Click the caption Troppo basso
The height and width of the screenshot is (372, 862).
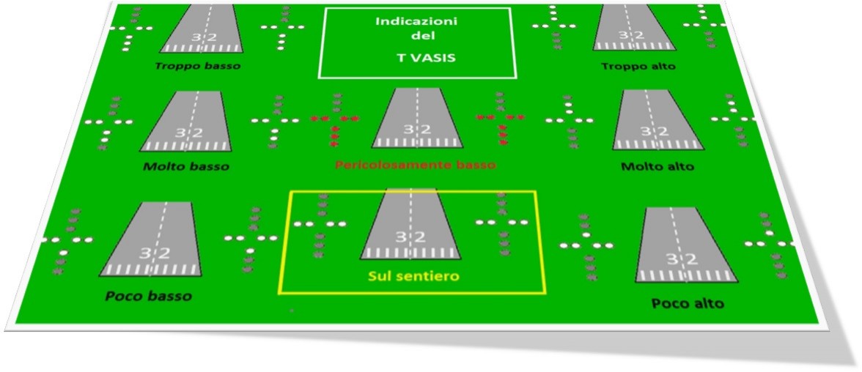198,65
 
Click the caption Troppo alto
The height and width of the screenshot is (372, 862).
638,67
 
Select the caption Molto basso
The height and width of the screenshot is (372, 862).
186,166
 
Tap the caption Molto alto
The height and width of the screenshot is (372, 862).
657,167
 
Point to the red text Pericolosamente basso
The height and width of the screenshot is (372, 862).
415,165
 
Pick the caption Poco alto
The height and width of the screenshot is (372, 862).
687,302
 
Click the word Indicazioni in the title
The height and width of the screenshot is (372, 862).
416,22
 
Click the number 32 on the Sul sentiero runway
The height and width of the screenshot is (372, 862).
410,237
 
